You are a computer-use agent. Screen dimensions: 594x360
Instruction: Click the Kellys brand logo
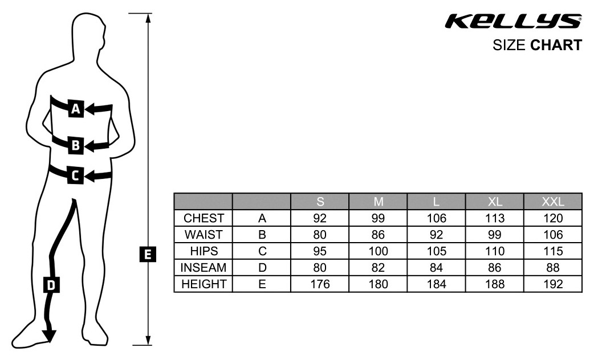point(513,22)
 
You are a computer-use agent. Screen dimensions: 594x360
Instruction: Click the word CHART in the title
point(556,45)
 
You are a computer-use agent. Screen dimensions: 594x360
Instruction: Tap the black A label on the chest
point(76,109)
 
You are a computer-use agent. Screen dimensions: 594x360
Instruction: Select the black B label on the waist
point(76,145)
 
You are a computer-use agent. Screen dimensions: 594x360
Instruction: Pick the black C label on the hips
point(75,175)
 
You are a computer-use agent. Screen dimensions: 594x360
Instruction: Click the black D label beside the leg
point(51,285)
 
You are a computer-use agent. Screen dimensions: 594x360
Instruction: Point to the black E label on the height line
point(148,254)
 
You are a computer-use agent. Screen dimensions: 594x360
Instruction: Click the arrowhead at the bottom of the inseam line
point(49,336)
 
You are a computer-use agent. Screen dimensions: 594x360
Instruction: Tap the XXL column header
point(553,202)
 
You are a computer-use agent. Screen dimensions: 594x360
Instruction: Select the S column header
point(320,202)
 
